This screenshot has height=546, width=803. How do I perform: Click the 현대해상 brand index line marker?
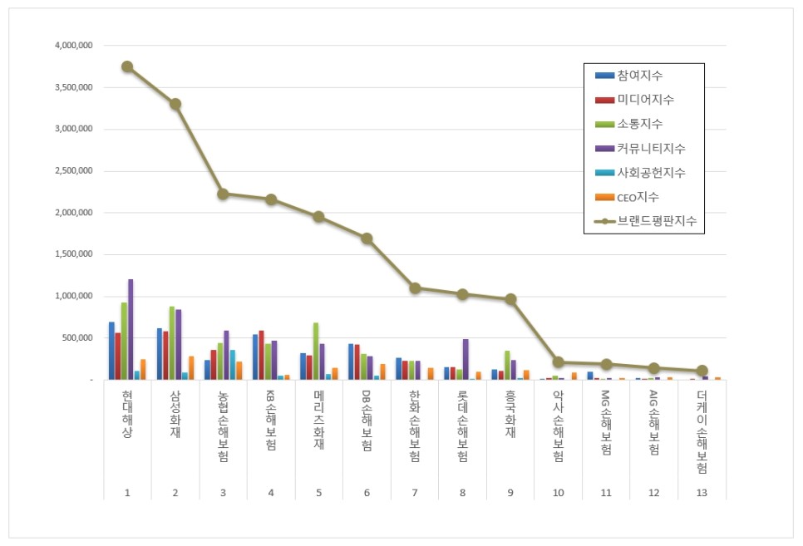click(x=127, y=66)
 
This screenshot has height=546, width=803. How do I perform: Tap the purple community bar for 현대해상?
click(x=131, y=329)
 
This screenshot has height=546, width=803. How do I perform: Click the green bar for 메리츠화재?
click(x=316, y=351)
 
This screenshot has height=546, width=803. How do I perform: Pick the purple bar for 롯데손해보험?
click(x=466, y=359)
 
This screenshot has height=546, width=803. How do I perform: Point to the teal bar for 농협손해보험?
click(x=233, y=365)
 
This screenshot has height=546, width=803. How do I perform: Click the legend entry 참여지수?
click(x=640, y=76)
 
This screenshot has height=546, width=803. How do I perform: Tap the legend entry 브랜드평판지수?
click(x=656, y=222)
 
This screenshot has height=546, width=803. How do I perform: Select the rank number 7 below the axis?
click(x=415, y=493)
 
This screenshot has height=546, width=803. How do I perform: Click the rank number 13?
click(x=702, y=493)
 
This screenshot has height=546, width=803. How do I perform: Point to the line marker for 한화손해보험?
click(x=415, y=288)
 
